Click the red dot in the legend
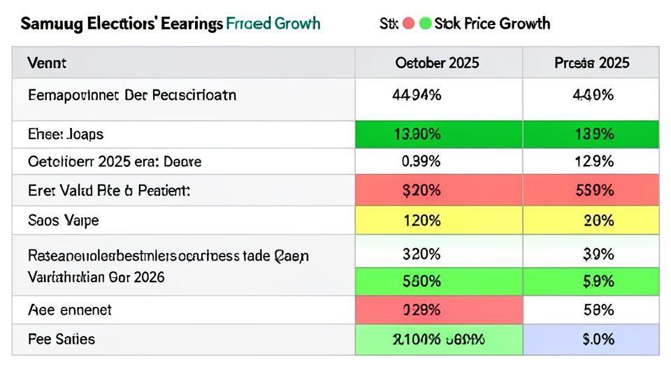tap(409, 24)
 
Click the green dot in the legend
tap(425, 24)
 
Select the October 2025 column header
tap(438, 63)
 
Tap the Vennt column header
tap(47, 63)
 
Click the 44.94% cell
tap(417, 95)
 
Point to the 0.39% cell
tap(421, 161)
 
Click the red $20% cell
tap(421, 191)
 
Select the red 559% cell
tap(593, 191)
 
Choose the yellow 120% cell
tap(421, 221)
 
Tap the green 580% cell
tap(421, 281)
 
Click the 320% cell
tap(421, 253)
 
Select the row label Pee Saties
tap(62, 340)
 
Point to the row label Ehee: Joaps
tap(66, 134)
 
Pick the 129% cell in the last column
tap(593, 161)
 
